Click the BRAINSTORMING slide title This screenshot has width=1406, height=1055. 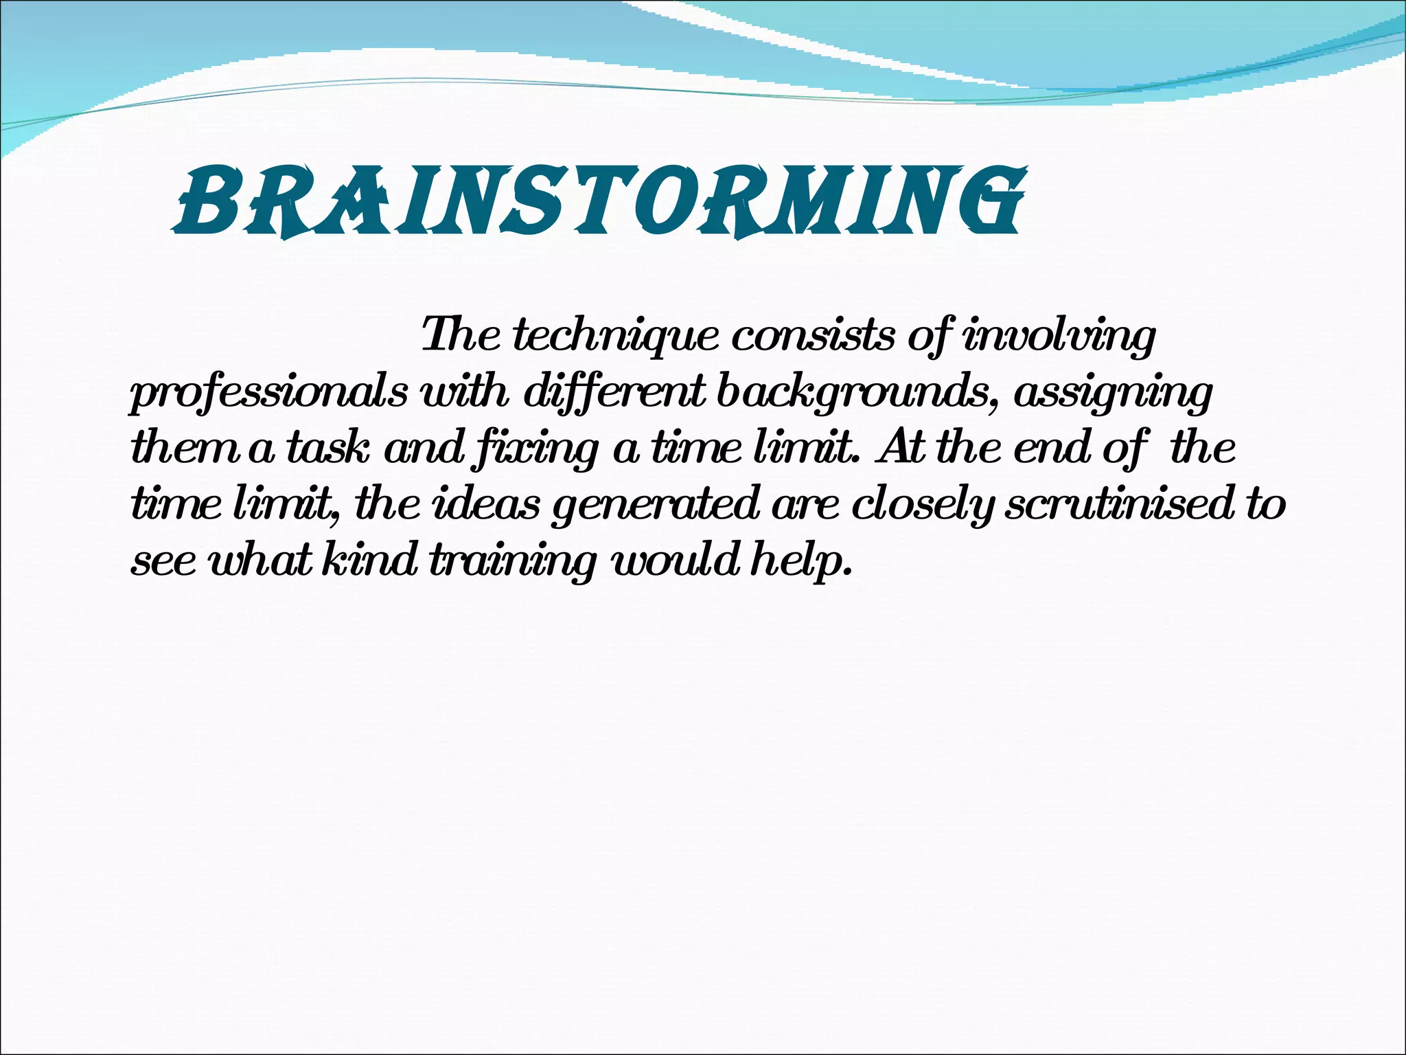[599, 201]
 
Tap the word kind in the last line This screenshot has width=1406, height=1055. [371, 560]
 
